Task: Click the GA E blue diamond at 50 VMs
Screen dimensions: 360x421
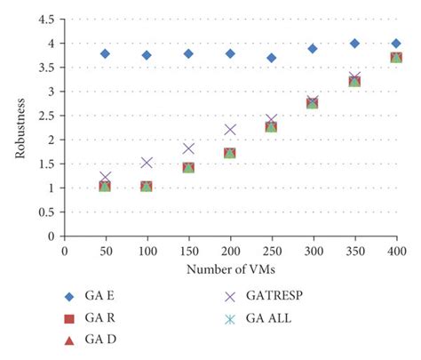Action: click(x=105, y=54)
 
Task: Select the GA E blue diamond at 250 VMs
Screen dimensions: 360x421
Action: click(x=271, y=58)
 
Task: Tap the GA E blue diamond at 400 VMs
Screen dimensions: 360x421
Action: click(x=396, y=44)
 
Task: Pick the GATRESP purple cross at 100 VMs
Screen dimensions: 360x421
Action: click(x=147, y=163)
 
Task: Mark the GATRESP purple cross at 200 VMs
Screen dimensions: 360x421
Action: click(x=230, y=130)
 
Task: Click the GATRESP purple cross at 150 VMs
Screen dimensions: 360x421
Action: click(x=188, y=148)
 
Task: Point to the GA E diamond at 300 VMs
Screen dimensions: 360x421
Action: click(x=313, y=49)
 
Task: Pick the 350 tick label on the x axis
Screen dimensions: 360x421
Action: click(x=354, y=252)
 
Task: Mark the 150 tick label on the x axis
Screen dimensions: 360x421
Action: click(x=188, y=252)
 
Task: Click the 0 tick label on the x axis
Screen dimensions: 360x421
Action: click(x=64, y=252)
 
